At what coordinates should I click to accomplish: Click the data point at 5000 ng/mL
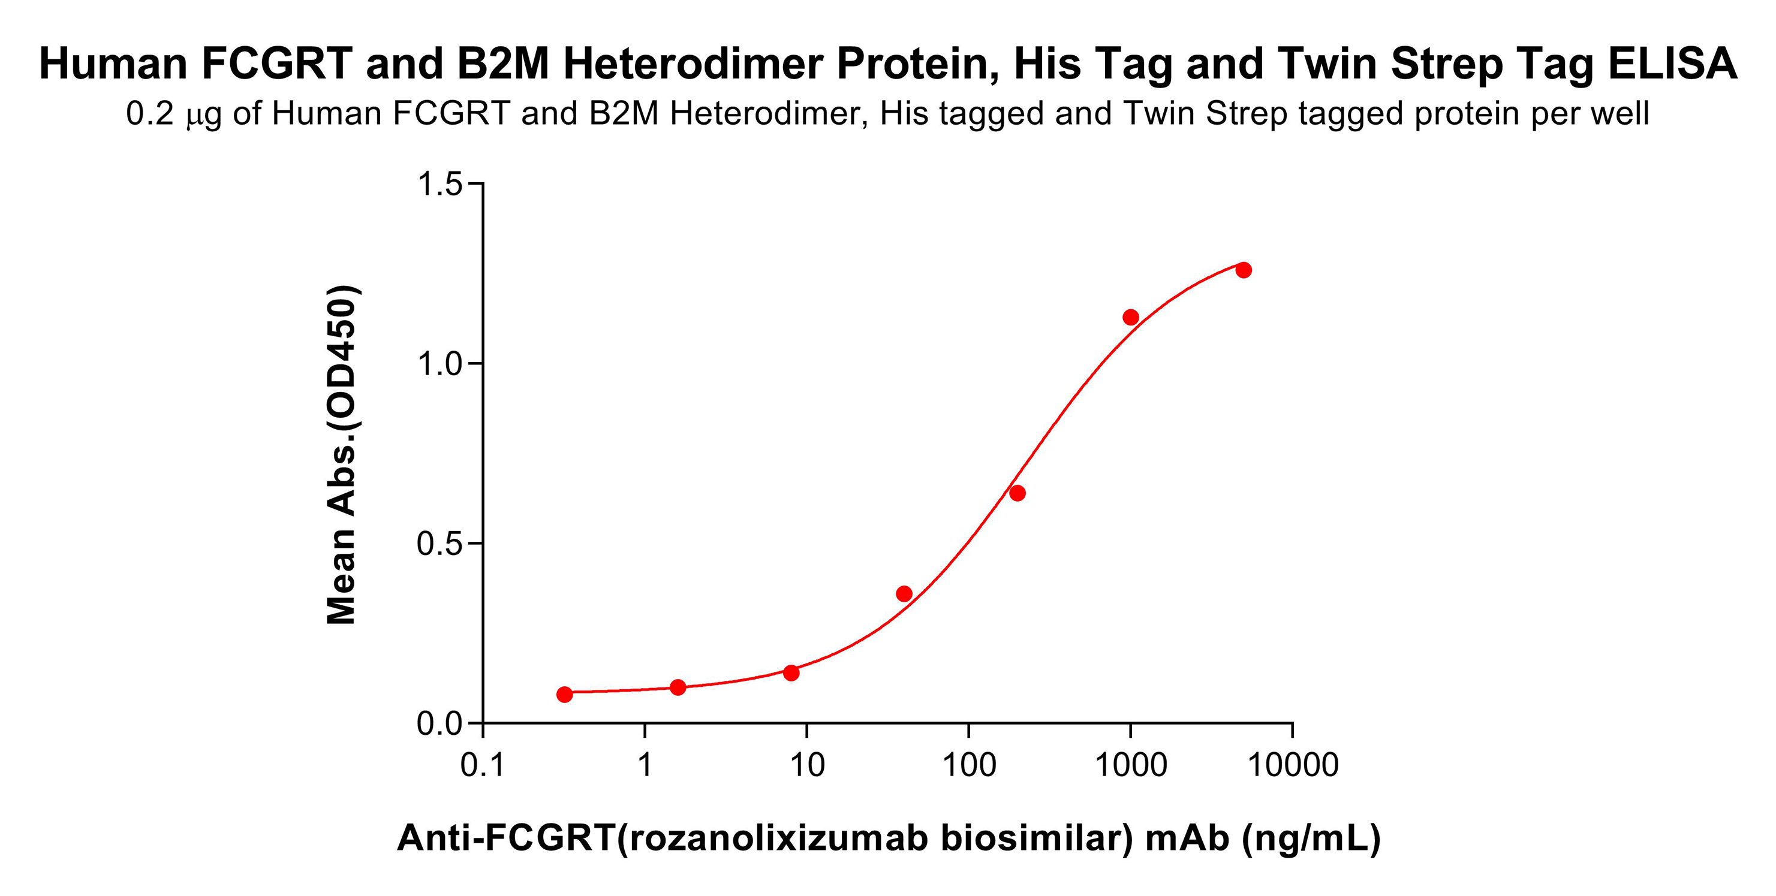(1243, 270)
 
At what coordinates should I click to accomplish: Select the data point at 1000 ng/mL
(1131, 317)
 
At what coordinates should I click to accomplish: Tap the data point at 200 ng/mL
(1017, 493)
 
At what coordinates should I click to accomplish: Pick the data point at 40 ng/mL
(904, 594)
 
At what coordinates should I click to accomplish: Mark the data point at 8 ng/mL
(791, 672)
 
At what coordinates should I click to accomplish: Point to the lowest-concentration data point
(565, 694)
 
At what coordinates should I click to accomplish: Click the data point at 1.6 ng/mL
(678, 687)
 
